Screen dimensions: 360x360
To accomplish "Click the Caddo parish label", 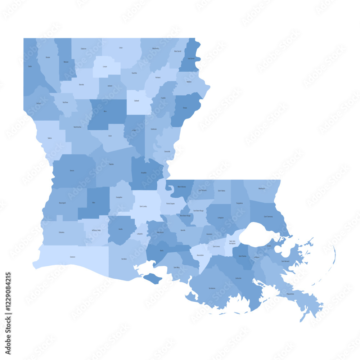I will coord(30,66).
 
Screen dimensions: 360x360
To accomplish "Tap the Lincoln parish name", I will coord(105,67).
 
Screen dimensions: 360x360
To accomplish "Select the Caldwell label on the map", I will coord(136,101).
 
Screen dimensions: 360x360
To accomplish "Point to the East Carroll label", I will coord(191,58).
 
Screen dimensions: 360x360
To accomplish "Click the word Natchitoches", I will coord(77,127).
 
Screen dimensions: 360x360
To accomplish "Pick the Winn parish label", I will coord(105,112).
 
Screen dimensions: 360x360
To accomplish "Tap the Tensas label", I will coord(185,108).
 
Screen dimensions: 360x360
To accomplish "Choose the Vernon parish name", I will coord(72,170).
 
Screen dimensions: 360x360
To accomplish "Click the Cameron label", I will coord(73,257).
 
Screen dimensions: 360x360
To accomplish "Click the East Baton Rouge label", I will coord(199,211).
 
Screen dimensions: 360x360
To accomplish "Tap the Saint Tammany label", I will coord(268,216).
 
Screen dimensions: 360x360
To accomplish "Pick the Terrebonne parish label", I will coord(212,288).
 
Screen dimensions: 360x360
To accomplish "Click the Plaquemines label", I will coord(291,294).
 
